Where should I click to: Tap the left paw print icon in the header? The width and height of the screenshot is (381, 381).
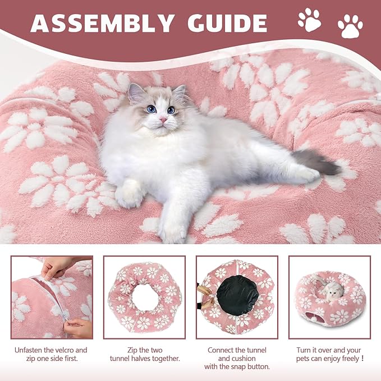(309, 20)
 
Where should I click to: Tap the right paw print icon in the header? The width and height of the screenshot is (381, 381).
(350, 26)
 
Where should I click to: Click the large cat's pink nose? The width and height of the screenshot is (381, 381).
(163, 120)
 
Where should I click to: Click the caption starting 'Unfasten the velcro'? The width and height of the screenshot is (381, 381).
(52, 355)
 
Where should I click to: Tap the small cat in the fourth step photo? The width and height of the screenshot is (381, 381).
(334, 290)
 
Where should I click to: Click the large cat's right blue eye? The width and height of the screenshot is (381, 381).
(171, 110)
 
